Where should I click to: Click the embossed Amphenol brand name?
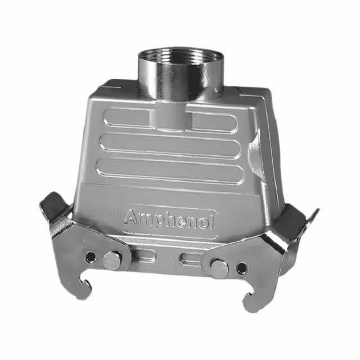[x=169, y=218]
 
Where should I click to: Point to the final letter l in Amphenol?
[x=213, y=223]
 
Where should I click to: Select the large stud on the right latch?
[x=219, y=268]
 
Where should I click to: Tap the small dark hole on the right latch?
[x=241, y=268]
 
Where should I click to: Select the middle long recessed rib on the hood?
[x=169, y=145]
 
